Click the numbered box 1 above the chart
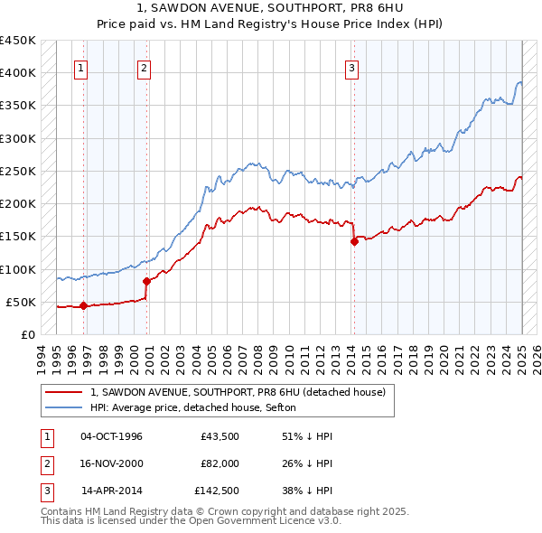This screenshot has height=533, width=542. click(80, 66)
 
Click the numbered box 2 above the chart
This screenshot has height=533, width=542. click(145, 66)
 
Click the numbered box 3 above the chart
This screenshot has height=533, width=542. click(351, 66)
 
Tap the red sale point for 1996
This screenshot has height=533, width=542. click(83, 305)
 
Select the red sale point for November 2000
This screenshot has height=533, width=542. click(146, 281)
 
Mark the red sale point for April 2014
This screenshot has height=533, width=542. click(354, 241)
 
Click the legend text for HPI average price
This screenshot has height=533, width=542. click(199, 408)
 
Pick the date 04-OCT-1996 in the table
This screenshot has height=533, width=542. click(111, 437)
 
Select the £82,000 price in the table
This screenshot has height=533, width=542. click(220, 464)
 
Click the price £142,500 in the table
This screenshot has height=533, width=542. click(217, 491)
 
